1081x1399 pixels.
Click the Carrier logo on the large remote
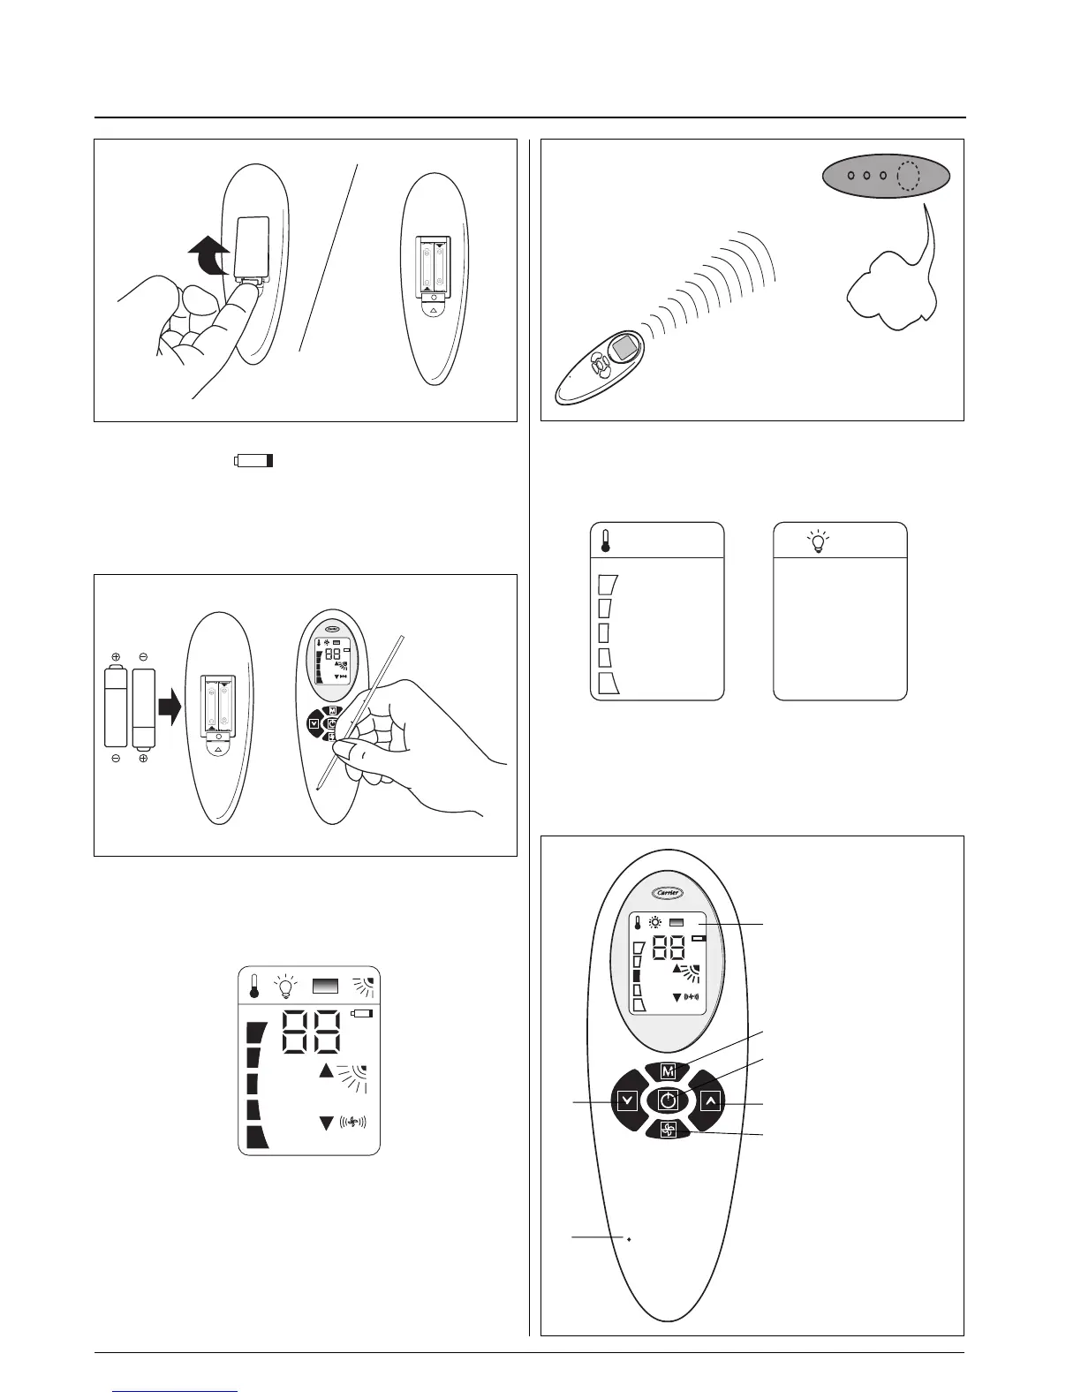coord(668,892)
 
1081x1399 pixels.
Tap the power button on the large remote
coord(669,1100)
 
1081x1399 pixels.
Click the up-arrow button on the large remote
coord(711,1100)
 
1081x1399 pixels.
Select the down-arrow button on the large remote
coord(627,1100)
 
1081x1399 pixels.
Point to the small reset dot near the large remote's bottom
coord(628,1240)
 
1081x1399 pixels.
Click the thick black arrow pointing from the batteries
coord(170,706)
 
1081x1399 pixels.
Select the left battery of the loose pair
coord(116,707)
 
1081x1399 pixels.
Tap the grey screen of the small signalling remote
coord(627,347)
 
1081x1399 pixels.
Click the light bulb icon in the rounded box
coord(819,541)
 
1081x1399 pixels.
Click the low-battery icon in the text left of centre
coord(254,461)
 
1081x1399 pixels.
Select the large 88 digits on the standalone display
coord(311,1032)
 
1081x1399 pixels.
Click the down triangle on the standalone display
coord(327,1123)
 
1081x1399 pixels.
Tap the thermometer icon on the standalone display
coord(254,987)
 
